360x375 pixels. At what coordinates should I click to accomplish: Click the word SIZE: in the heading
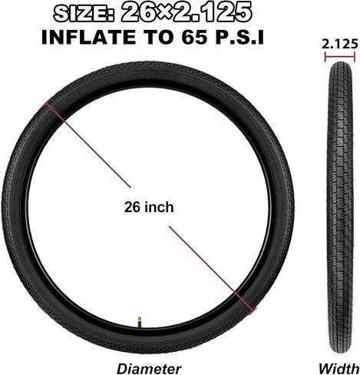click(84, 13)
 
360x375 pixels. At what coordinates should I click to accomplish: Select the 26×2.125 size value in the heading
click(186, 13)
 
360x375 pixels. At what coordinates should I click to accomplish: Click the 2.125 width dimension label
click(339, 45)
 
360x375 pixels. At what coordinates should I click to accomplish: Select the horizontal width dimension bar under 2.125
click(340, 57)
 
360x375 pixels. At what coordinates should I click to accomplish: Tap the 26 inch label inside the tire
click(149, 207)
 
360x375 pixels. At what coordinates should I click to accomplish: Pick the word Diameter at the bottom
click(149, 369)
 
